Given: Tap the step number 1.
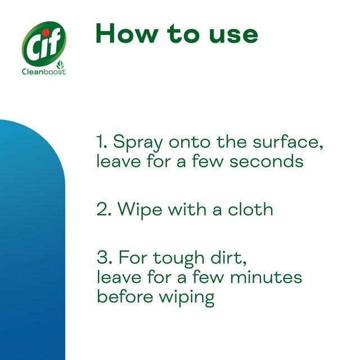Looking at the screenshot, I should [100, 141].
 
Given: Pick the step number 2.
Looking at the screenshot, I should [102, 209].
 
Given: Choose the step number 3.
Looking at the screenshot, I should [102, 258].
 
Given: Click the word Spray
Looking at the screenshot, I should [139, 143].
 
